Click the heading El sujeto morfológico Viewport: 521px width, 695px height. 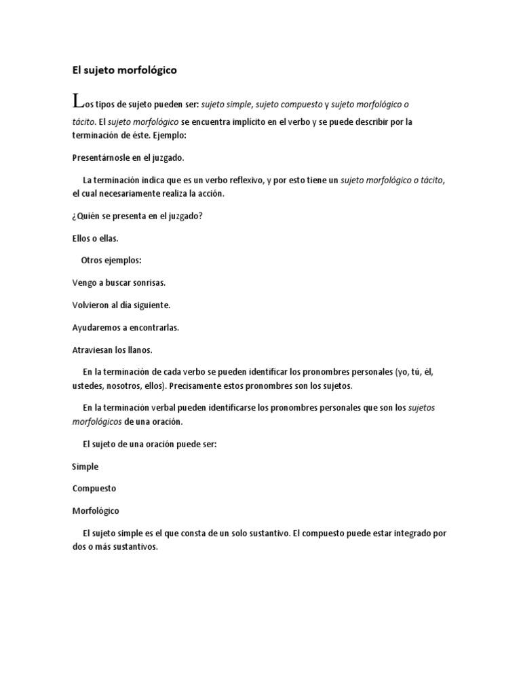pos(125,69)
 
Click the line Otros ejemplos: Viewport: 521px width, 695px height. pos(111,260)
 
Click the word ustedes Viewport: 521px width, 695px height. pos(87,386)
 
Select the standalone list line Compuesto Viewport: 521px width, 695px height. pos(94,488)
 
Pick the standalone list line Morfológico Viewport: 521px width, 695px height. pos(96,510)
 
